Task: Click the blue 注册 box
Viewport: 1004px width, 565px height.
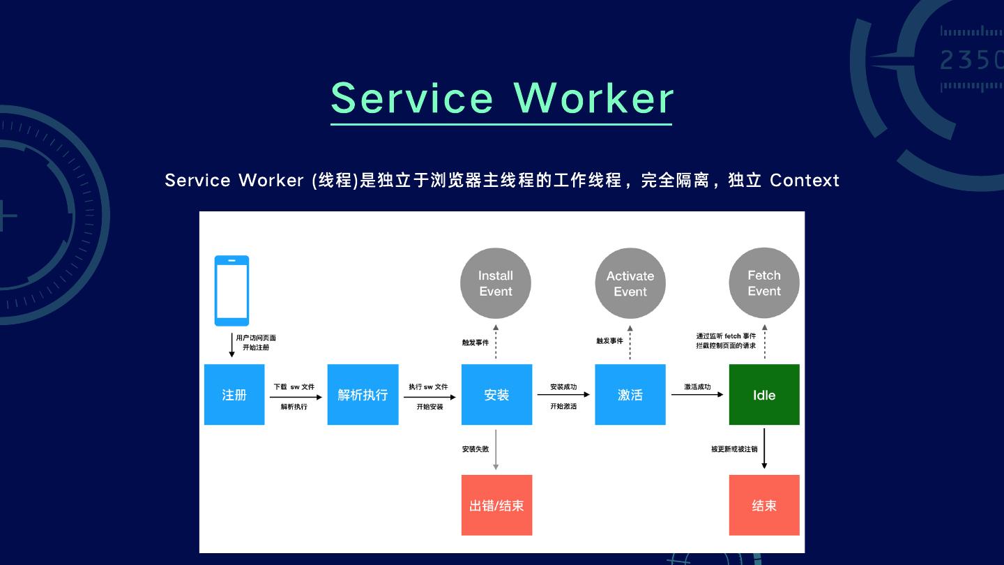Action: [234, 395]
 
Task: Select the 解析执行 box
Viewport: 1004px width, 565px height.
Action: [363, 395]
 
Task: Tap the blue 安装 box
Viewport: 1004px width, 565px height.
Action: [496, 395]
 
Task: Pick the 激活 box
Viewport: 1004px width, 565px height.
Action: [630, 395]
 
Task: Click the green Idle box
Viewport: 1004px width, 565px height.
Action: [764, 395]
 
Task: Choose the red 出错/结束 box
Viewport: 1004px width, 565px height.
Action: [496, 505]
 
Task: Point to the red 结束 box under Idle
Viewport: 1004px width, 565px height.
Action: [764, 505]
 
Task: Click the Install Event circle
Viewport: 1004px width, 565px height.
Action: [496, 283]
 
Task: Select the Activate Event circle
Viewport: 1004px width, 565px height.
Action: [630, 284]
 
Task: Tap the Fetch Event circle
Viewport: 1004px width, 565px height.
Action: [764, 283]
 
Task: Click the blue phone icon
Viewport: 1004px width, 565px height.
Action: [231, 291]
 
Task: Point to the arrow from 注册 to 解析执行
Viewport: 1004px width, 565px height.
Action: [296, 397]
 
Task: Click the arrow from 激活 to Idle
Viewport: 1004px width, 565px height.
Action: [697, 395]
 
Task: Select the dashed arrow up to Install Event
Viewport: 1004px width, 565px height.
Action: [496, 341]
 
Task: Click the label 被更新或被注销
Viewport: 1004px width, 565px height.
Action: [734, 449]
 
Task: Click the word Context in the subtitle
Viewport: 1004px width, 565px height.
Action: [805, 180]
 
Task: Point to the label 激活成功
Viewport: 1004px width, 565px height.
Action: [697, 386]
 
